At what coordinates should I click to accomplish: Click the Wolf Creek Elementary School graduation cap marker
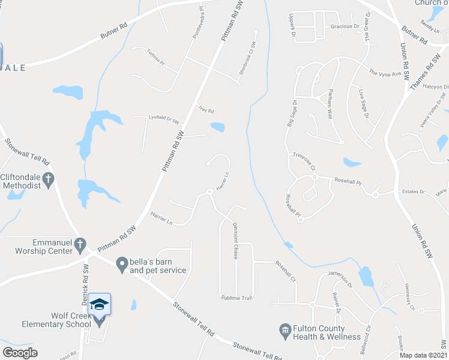tap(100, 305)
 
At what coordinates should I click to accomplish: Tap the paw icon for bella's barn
tap(122, 263)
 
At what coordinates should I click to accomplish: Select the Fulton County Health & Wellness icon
tap(285, 329)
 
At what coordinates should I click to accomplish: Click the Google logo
tap(20, 352)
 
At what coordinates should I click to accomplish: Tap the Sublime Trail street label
tap(237, 298)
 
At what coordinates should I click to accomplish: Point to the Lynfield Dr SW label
tap(164, 119)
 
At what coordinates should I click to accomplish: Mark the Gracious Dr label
tap(345, 26)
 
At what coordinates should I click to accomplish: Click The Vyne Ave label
tap(385, 73)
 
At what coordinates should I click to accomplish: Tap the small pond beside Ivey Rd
tap(217, 127)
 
